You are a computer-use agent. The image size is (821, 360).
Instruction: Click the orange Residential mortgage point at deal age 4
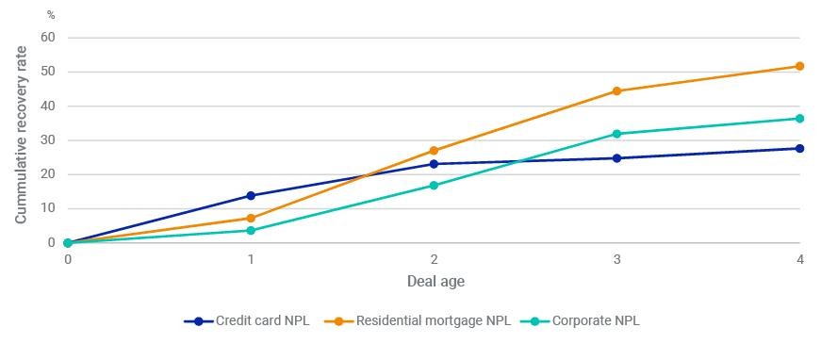[799, 67]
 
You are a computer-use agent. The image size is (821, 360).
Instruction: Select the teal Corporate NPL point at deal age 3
[616, 134]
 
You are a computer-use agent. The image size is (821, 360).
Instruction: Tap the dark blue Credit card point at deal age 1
[251, 196]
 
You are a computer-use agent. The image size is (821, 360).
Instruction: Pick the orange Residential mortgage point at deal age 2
[434, 151]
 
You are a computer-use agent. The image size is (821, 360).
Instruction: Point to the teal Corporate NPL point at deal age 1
[251, 230]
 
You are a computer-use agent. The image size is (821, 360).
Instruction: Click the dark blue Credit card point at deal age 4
[799, 149]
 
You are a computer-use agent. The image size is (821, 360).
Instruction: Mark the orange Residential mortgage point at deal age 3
[616, 91]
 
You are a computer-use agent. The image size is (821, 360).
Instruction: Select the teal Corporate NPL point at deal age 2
[434, 186]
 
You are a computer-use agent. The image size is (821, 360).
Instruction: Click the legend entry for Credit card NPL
[247, 321]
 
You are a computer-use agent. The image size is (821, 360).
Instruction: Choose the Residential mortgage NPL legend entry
[418, 321]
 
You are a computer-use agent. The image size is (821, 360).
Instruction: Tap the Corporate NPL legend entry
[580, 321]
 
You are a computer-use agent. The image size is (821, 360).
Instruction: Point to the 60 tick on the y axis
[48, 38]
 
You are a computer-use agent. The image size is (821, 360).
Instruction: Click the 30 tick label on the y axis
[48, 140]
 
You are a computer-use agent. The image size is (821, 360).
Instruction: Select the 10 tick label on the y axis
[48, 209]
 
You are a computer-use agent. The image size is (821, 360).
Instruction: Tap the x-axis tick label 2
[434, 259]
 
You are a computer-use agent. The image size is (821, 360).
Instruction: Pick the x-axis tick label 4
[800, 259]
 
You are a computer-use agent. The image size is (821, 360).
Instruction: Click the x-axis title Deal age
[435, 282]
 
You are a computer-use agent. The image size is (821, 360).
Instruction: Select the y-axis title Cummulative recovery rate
[21, 135]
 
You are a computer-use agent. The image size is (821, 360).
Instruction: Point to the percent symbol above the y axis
[51, 15]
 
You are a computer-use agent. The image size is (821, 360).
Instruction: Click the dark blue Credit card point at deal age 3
[616, 158]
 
